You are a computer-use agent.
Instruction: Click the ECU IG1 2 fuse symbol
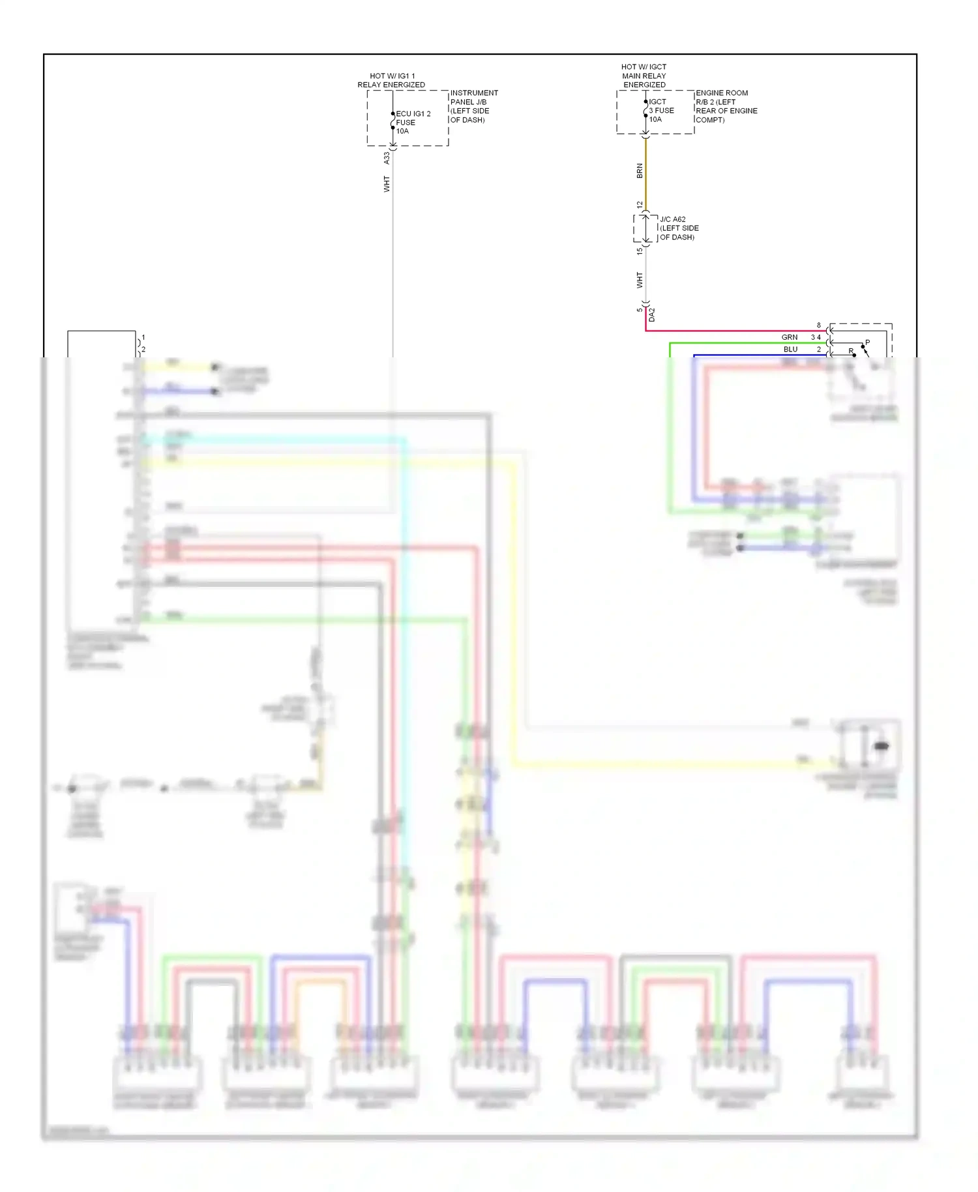pos(393,121)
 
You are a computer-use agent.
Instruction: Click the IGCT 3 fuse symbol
pos(645,110)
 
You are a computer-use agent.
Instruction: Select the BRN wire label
pos(640,171)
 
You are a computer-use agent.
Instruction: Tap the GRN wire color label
pos(790,337)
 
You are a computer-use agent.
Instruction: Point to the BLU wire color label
pos(790,350)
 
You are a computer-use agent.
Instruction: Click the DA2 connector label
pos(651,314)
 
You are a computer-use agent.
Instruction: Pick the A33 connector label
pos(387,158)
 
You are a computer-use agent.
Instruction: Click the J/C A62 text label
pos(672,219)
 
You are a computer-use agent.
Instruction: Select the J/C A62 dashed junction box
pos(645,228)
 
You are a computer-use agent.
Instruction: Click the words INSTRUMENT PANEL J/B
pos(473,97)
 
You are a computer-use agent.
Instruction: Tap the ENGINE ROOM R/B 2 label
pos(722,97)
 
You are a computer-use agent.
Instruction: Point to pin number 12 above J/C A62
pos(640,205)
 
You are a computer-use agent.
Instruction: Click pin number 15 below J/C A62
pos(640,250)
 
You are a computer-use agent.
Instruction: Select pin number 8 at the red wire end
pos(819,325)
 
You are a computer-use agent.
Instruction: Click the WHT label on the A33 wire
pos(387,184)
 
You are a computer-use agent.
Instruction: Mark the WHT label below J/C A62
pos(640,280)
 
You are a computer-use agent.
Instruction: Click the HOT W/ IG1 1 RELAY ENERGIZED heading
pos(391,80)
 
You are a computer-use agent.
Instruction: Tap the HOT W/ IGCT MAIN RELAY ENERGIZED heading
pos(644,76)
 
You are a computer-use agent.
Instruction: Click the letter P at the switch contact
pos(867,342)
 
